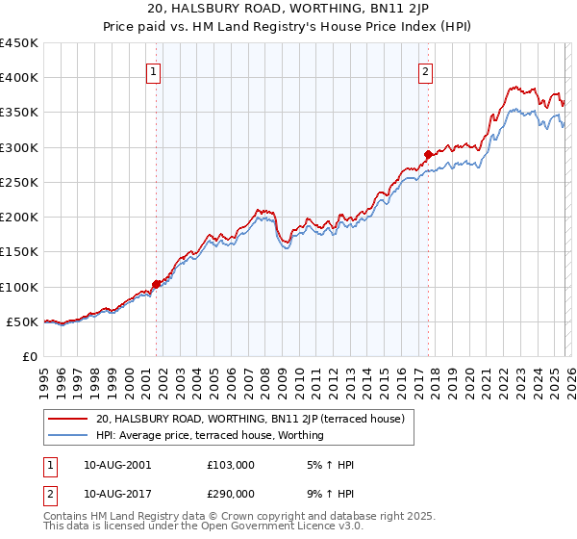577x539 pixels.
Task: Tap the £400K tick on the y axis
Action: [x=19, y=78]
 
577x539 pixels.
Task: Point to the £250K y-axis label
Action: [x=19, y=182]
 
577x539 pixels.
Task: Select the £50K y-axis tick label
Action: [x=23, y=321]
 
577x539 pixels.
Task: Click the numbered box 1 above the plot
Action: [x=154, y=70]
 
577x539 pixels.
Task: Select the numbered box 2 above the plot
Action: [x=425, y=70]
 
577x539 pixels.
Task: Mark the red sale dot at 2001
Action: [x=156, y=284]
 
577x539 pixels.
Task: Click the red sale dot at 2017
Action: [x=428, y=153]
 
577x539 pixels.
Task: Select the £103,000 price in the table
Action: [x=230, y=465]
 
